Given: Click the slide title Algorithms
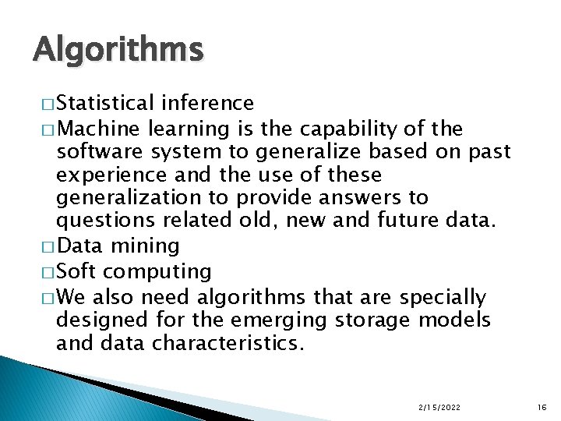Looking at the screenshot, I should tap(118, 51).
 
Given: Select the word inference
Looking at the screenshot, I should tap(207, 103).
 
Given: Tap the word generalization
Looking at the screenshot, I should tap(129, 198).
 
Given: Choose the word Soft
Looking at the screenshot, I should tap(77, 271).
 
